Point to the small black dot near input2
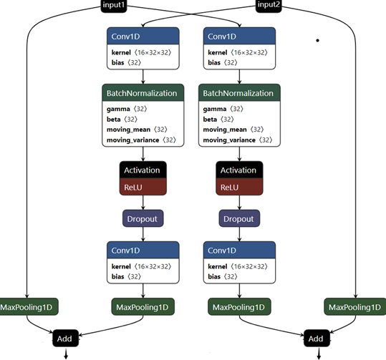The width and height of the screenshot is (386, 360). coord(318,40)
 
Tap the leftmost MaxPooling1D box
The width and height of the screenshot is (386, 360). coord(28,307)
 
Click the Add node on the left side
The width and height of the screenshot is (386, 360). coord(64,336)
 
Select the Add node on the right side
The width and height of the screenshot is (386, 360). coord(316,336)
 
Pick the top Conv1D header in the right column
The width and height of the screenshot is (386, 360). coord(239,36)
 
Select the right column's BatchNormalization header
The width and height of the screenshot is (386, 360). coord(239,93)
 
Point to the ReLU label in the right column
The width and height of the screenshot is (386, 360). coord(239,187)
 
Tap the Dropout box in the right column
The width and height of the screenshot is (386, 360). coord(239,218)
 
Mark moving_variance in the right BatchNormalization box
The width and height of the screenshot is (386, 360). coord(226,140)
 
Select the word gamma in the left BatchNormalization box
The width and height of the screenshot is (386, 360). coord(119,109)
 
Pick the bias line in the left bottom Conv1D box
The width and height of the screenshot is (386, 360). coord(118,276)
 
